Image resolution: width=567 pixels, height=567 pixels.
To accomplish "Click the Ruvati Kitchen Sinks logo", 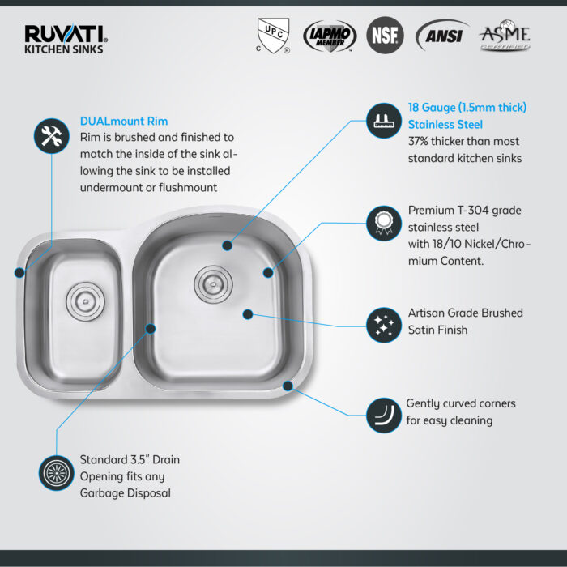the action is click(x=66, y=39).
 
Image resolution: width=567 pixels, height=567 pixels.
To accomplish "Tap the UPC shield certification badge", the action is click(x=273, y=36).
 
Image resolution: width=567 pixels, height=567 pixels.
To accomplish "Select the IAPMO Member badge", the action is click(x=330, y=36).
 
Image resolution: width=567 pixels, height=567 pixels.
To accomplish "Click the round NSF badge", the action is click(x=385, y=36).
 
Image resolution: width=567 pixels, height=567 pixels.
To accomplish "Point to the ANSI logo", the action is click(x=442, y=36).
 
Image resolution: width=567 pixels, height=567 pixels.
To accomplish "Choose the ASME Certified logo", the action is click(x=505, y=36).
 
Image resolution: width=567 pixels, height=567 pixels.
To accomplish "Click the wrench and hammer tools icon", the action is click(x=52, y=136).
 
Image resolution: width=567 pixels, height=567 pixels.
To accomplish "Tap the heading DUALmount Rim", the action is click(x=124, y=122).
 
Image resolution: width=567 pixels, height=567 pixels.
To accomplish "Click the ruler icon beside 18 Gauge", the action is click(x=384, y=121).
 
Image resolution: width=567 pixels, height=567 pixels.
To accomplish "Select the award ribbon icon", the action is click(x=384, y=223).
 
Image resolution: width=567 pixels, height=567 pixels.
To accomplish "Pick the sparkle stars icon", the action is click(x=384, y=325).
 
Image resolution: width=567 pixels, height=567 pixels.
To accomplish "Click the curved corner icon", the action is click(x=384, y=415).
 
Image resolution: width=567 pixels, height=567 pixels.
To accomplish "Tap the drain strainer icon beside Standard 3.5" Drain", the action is click(x=57, y=473).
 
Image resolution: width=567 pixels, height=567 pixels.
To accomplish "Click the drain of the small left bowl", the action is click(x=85, y=301).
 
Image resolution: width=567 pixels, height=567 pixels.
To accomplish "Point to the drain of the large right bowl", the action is click(x=213, y=284).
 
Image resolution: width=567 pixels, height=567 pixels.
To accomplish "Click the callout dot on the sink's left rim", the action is click(x=19, y=273).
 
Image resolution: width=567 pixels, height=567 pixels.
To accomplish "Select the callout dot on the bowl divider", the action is click(x=151, y=329).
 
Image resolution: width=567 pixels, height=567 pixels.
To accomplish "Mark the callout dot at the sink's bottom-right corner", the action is click(x=288, y=386).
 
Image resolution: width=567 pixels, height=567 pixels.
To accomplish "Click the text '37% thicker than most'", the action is click(x=463, y=141).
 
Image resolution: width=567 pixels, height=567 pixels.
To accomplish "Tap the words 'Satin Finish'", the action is click(x=437, y=330).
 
